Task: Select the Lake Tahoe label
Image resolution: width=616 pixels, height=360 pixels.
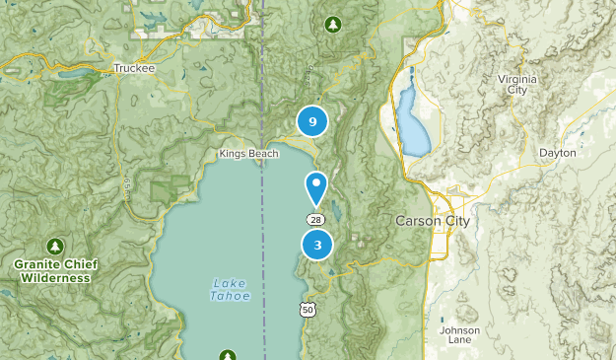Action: click(x=231, y=289)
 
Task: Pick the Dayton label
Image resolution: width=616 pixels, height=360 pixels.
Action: click(x=557, y=153)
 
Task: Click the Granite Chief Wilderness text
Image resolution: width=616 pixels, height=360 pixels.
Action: click(x=52, y=271)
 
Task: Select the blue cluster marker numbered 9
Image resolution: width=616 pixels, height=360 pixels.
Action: click(x=312, y=121)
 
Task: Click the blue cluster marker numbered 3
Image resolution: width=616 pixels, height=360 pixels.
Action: click(x=317, y=245)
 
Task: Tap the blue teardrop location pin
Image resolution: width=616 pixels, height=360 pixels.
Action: click(x=316, y=186)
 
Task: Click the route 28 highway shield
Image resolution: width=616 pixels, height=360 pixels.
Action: click(x=314, y=219)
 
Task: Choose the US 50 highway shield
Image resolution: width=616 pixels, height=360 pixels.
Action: click(x=308, y=310)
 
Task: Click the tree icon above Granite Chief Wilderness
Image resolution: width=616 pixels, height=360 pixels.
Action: click(x=53, y=246)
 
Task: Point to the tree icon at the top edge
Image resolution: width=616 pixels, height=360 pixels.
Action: click(x=333, y=23)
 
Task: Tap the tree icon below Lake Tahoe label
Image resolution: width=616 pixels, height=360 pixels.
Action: click(x=229, y=355)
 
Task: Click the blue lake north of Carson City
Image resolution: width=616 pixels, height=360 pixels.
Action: click(x=413, y=123)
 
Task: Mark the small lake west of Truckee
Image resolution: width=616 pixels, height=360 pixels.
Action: click(x=74, y=74)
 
